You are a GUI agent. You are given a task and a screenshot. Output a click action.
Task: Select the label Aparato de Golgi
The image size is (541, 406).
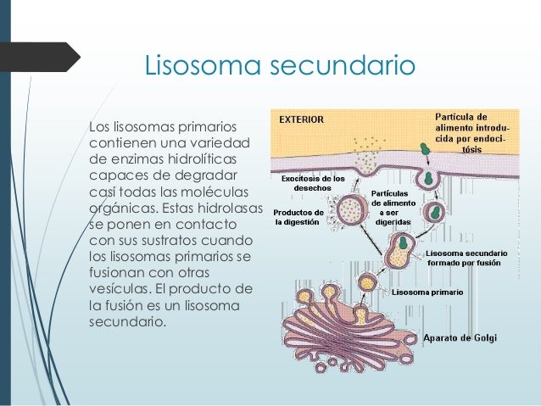(x=460, y=337)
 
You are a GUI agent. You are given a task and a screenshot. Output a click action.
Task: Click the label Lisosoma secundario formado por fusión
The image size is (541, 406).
(x=467, y=258)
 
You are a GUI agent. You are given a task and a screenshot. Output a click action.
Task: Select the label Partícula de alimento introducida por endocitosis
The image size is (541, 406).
(x=471, y=130)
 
